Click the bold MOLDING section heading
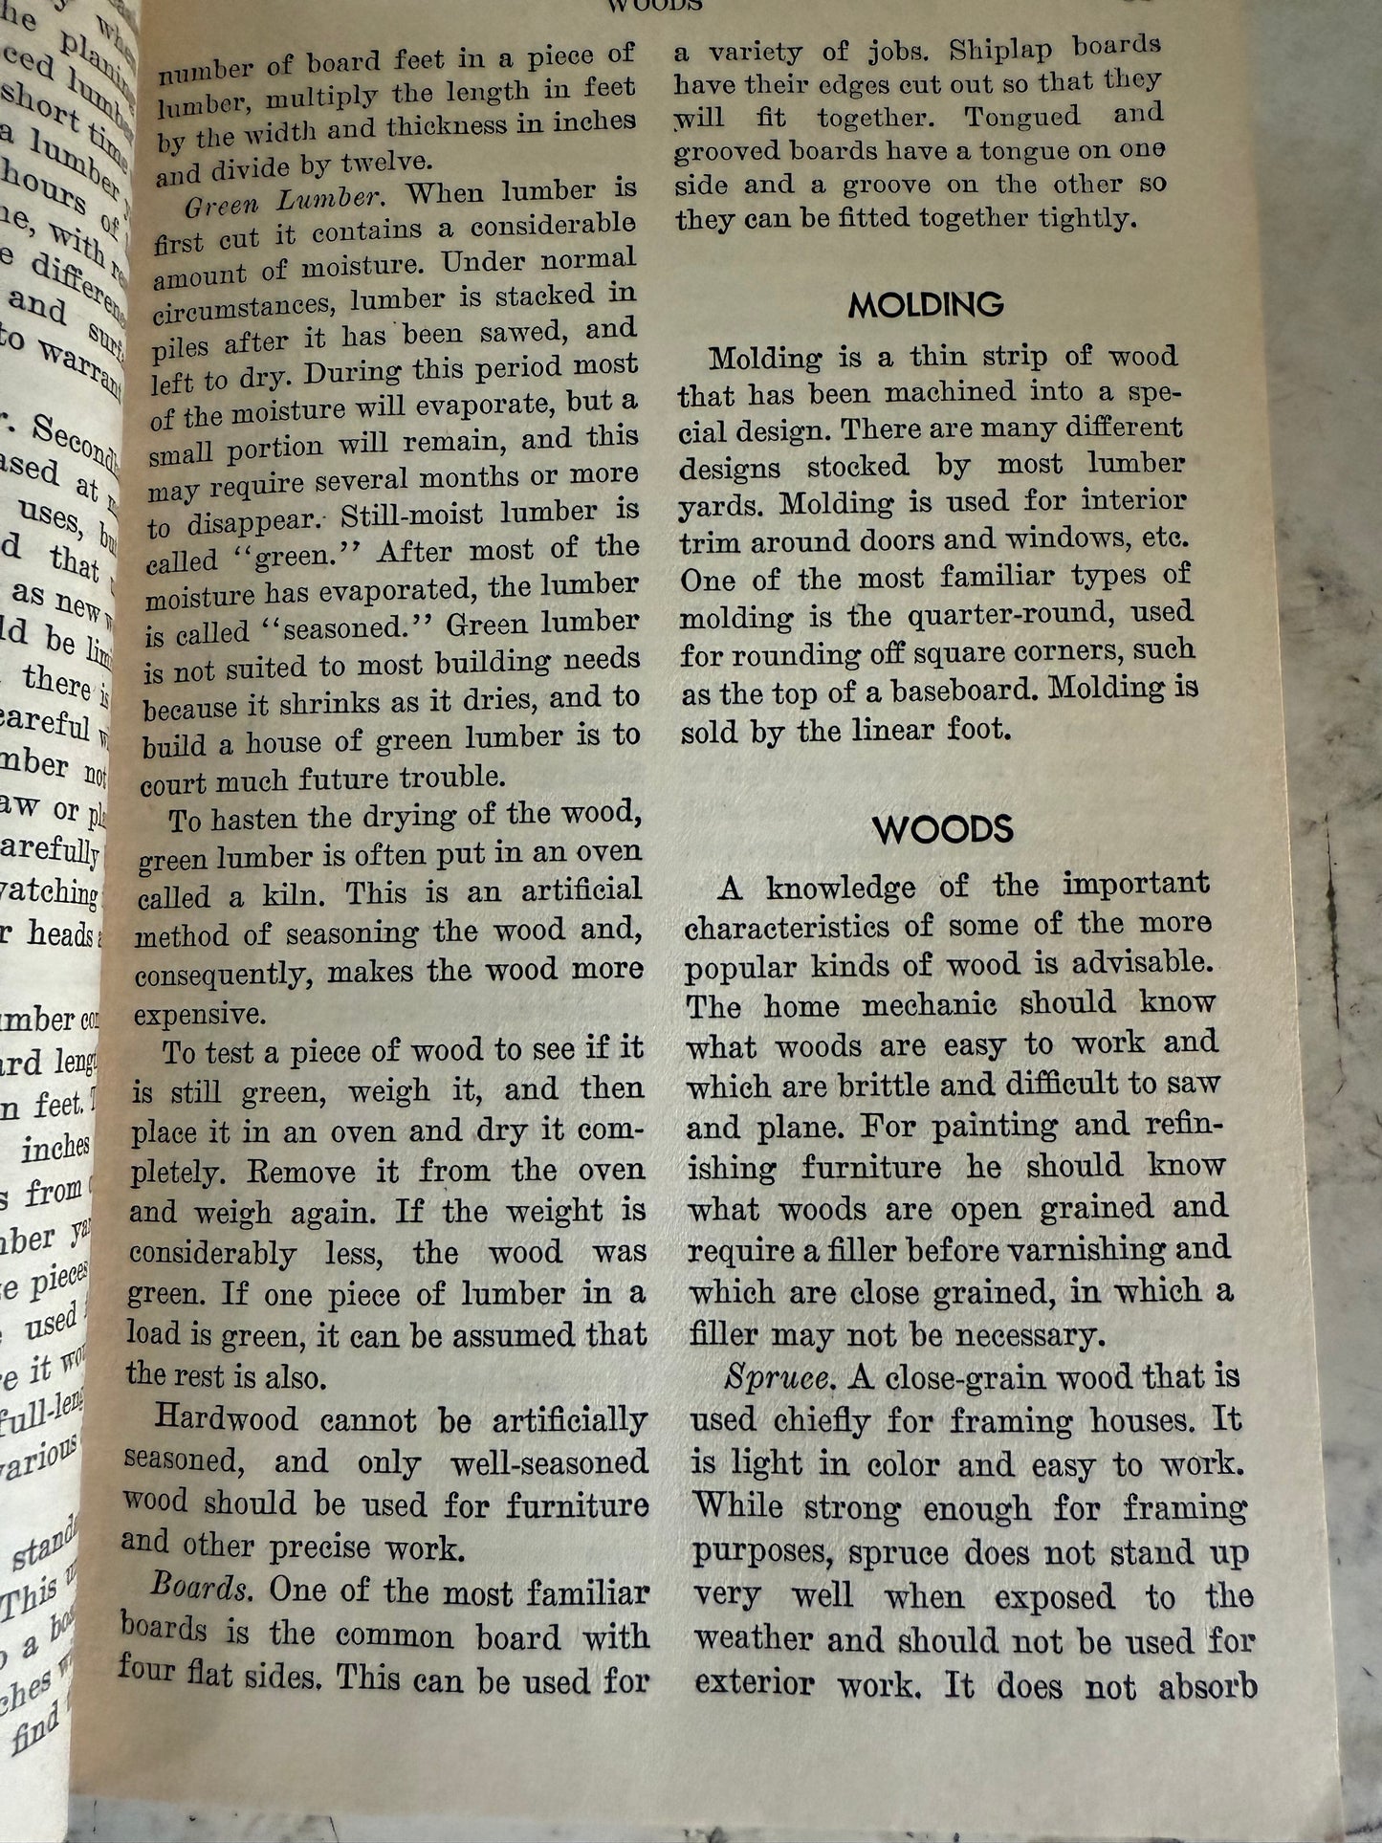[x=925, y=305]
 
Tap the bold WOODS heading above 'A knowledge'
[x=942, y=829]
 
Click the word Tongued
[x=1021, y=117]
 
